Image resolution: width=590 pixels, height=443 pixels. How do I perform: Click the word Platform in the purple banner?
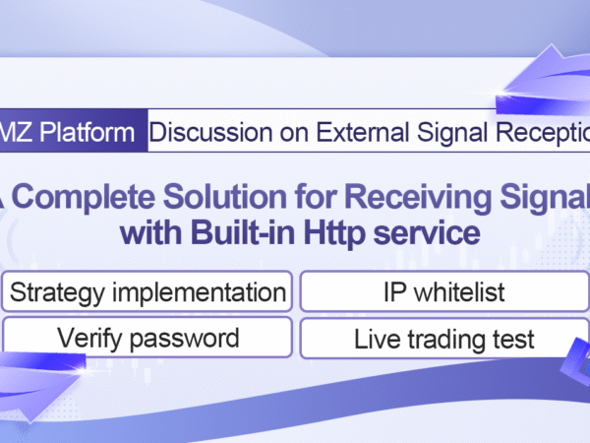coord(87,132)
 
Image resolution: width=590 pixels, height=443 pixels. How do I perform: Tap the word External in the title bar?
coord(362,132)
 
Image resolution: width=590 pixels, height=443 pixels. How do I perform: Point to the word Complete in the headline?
coord(84,197)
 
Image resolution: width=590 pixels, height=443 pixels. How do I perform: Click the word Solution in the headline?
coord(225,196)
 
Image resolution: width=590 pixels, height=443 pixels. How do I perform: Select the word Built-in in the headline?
coord(243,231)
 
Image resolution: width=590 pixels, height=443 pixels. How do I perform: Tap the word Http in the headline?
coord(334,233)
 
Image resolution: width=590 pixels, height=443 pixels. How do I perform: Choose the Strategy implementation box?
coord(147,291)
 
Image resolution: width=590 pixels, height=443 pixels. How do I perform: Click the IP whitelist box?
coord(444,291)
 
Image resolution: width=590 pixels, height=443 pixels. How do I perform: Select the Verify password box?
coord(147,338)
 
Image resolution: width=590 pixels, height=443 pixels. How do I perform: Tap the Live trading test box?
coord(444,339)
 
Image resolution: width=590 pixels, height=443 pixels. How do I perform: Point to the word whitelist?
coord(459,292)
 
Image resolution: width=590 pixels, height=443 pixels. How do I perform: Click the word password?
coord(185,339)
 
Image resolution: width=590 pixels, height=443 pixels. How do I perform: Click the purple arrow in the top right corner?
coord(546,81)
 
